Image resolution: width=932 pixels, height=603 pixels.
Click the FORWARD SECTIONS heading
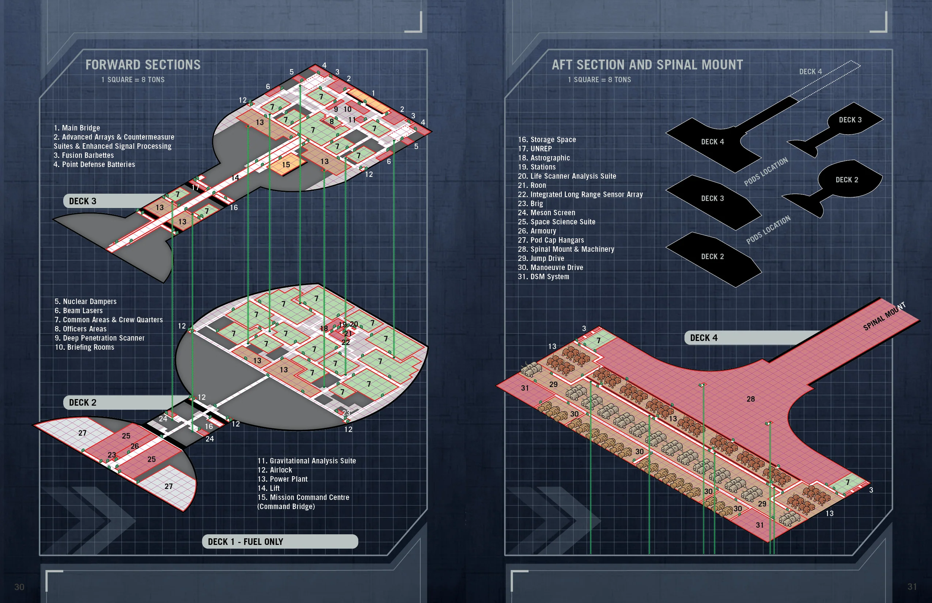coord(143,65)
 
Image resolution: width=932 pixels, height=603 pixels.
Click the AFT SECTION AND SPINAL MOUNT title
coord(647,65)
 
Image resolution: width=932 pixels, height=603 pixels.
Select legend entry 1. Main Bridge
coord(77,128)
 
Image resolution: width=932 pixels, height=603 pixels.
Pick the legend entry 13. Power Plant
coord(282,479)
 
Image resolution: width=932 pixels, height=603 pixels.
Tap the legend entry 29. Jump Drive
coord(541,258)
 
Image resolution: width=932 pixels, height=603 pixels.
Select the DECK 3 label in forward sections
coord(83,201)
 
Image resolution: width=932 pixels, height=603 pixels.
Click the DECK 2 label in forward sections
coord(83,402)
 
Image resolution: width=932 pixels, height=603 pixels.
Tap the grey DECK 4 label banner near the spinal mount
coord(704,338)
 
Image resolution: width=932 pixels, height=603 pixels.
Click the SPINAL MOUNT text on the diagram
coord(884,316)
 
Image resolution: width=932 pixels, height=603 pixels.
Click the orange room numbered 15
coord(286,165)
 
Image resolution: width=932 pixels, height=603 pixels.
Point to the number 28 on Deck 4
coord(750,399)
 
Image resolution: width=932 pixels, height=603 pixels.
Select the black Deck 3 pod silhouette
coord(850,120)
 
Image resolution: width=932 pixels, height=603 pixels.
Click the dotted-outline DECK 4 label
coord(810,72)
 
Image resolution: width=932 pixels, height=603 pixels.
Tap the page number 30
coord(19,587)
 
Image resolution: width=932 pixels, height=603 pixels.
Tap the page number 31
coord(912,587)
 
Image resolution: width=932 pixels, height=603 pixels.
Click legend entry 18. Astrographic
coord(543,158)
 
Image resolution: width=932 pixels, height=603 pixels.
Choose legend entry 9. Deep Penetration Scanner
coord(99,338)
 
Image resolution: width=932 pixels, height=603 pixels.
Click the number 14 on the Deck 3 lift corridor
coord(235,178)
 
